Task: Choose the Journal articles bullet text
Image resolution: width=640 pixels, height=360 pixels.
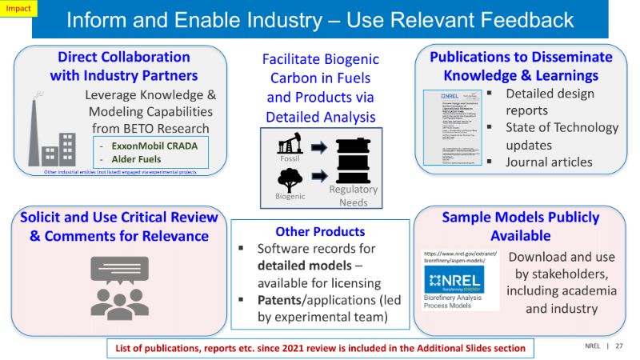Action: pyautogui.click(x=549, y=162)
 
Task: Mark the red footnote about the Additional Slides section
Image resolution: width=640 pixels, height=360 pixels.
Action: pyautogui.click(x=319, y=348)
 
